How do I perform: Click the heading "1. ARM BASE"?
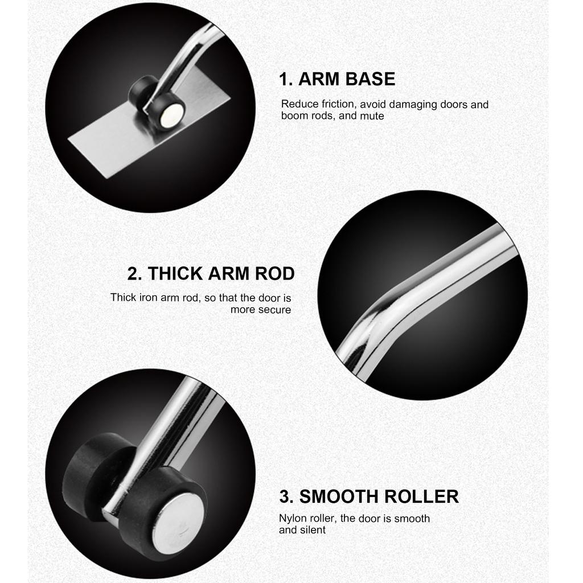336,79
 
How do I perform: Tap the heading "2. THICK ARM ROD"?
211,274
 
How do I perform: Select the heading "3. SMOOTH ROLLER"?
369,496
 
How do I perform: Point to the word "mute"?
372,116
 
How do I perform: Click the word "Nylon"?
291,519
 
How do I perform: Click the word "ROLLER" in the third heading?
421,496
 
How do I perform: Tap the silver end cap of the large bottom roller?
178,522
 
